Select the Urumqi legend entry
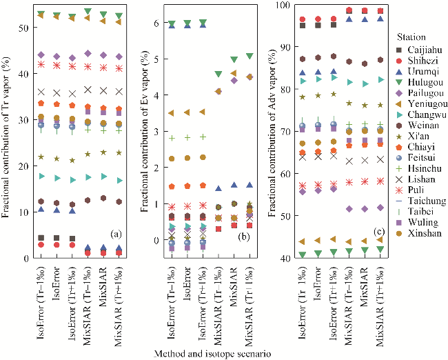[418, 72]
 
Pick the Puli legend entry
[412, 186]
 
